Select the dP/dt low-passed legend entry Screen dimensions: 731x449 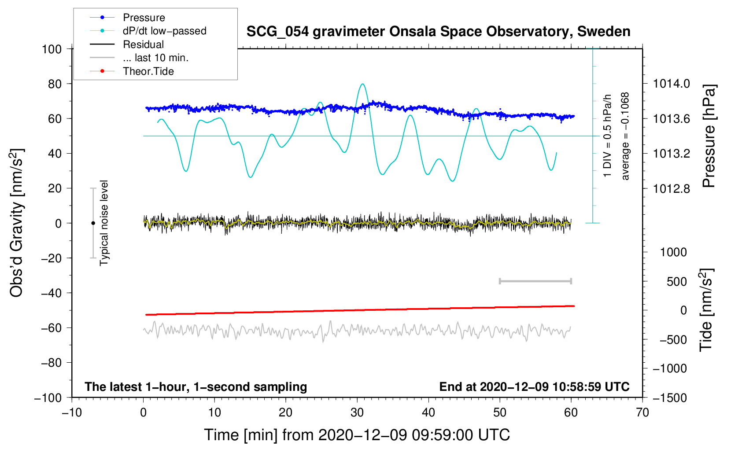pyautogui.click(x=148, y=31)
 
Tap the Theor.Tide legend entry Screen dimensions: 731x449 pyautogui.click(x=132, y=71)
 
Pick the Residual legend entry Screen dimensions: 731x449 pyautogui.click(x=127, y=44)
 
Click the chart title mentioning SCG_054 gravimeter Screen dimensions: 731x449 pyautogui.click(x=438, y=32)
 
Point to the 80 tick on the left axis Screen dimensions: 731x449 pyautogui.click(x=55, y=84)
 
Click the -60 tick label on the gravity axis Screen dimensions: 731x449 pyautogui.click(x=51, y=328)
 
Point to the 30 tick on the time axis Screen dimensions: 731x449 pyautogui.click(x=357, y=413)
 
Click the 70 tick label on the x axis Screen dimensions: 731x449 pyautogui.click(x=642, y=413)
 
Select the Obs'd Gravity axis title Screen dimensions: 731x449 pyautogui.click(x=17, y=223)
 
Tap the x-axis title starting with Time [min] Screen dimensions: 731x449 pyautogui.click(x=357, y=435)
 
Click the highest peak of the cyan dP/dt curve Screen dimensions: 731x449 pyautogui.click(x=362, y=84)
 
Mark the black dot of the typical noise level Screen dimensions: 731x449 pyautogui.click(x=93, y=223)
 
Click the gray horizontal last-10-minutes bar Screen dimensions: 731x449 pyautogui.click(x=535, y=281)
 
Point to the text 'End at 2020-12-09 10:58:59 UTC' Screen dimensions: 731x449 pyautogui.click(x=534, y=386)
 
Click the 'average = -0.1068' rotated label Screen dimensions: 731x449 pyautogui.click(x=625, y=136)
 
